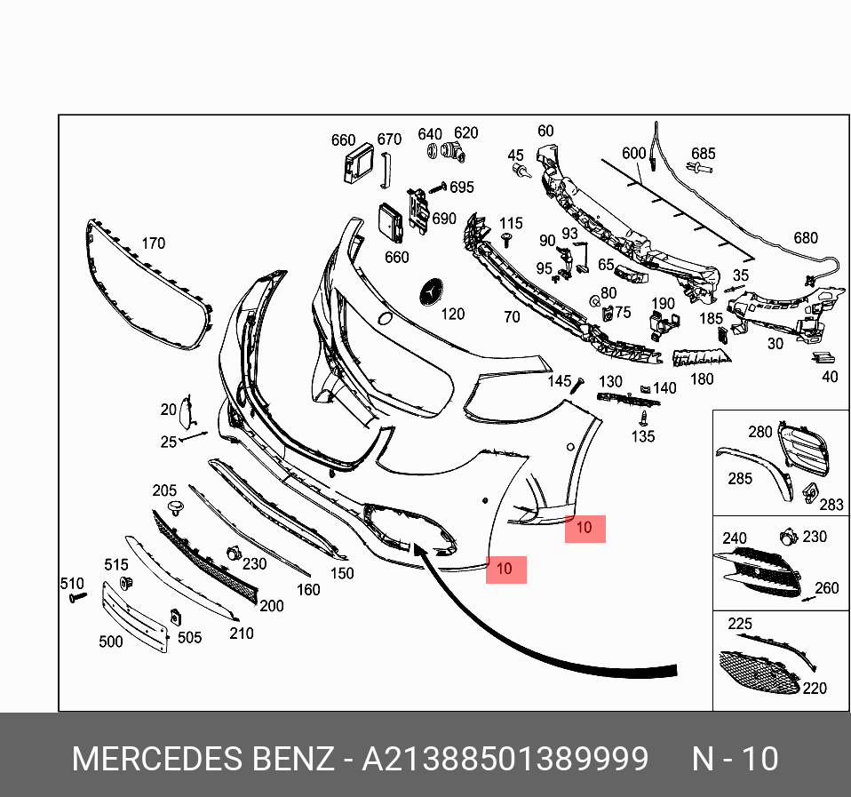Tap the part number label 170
click(x=153, y=243)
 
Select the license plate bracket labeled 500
click(x=135, y=617)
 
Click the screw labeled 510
click(x=78, y=597)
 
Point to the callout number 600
click(x=634, y=154)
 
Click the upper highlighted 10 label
click(x=585, y=529)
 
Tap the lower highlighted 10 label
click(x=505, y=570)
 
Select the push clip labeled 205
click(x=175, y=508)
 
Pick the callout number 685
click(x=704, y=154)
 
